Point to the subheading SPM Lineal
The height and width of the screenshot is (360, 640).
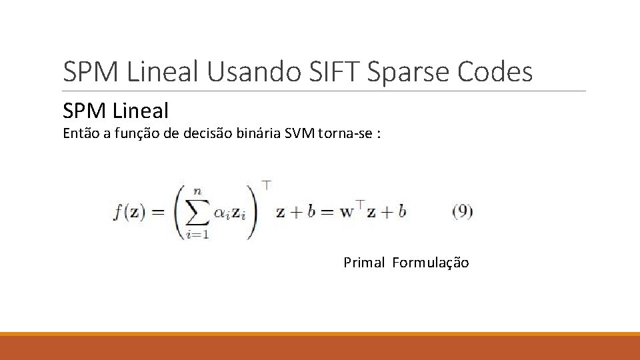pyautogui.click(x=115, y=110)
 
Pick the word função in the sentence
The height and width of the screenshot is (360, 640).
pyautogui.click(x=131, y=133)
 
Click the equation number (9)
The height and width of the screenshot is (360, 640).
pyautogui.click(x=462, y=212)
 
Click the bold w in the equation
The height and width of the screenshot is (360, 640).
pyautogui.click(x=345, y=213)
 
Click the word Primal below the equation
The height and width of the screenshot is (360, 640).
pyautogui.click(x=364, y=263)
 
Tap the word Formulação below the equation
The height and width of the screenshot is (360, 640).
pyautogui.click(x=431, y=263)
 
